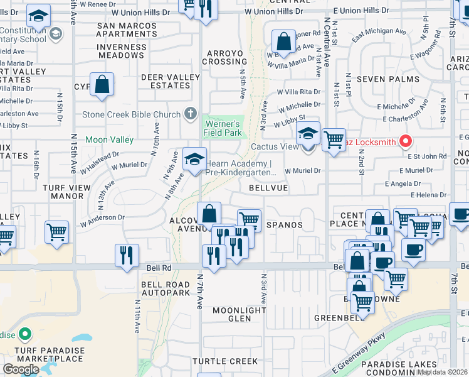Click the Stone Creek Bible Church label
(x=132, y=115)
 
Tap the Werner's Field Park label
(x=224, y=128)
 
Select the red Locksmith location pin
(x=405, y=141)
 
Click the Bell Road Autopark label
(x=166, y=288)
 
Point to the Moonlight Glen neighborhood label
(x=240, y=314)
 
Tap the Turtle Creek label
(x=224, y=361)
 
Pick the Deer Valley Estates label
(x=166, y=81)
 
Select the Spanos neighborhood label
(x=285, y=224)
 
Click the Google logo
(x=21, y=369)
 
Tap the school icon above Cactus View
(x=308, y=134)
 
